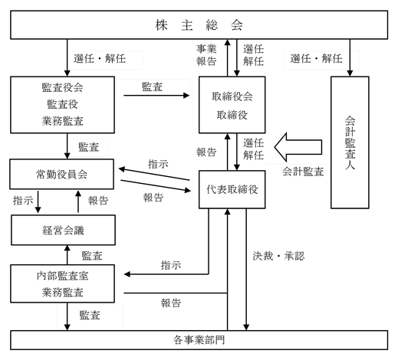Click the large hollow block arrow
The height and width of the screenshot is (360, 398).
coord(298,147)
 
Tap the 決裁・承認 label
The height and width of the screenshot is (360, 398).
coord(278,256)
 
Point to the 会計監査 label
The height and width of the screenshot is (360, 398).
coord(303,172)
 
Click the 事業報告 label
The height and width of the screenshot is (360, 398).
coord(206,55)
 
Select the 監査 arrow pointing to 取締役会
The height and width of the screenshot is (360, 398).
coord(156,96)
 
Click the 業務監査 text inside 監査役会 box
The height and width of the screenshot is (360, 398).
coord(63,121)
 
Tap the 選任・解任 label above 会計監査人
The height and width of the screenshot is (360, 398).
coord(316,59)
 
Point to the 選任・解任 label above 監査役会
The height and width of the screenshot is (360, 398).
coord(100,59)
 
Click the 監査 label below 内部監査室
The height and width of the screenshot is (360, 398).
coord(90,316)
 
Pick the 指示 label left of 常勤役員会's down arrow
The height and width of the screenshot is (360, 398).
coord(23,201)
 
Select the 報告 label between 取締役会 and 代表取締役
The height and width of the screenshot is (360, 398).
coord(206,152)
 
